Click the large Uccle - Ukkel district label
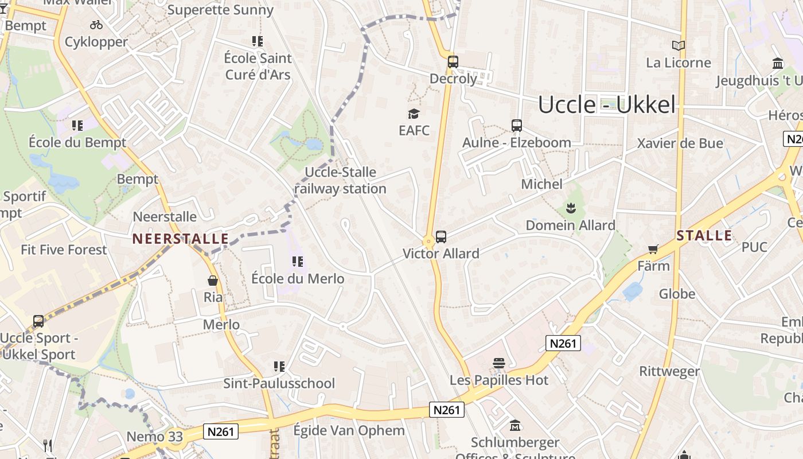pos(607,105)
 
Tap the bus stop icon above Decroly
pos(453,61)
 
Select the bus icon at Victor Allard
pos(441,236)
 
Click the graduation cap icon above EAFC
pos(414,114)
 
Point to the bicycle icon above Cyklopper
pos(96,25)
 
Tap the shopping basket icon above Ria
pos(213,281)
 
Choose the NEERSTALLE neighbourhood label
pos(180,239)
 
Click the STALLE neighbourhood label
pos(704,235)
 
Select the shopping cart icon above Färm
pos(653,249)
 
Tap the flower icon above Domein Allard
pos(570,208)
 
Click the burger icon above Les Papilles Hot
pos(499,363)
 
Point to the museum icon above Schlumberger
pos(515,426)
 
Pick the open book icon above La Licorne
pos(679,45)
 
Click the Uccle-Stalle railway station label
pos(340,180)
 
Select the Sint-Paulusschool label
pos(279,383)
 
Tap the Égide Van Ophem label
pos(349,430)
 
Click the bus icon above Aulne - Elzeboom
pos(517,126)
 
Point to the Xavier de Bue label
pos(680,143)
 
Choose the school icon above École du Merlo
pos(298,262)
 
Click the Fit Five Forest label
pos(64,250)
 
